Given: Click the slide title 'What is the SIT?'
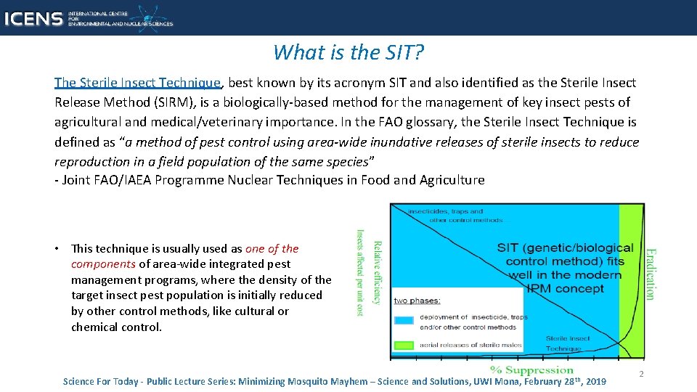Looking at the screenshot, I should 348,52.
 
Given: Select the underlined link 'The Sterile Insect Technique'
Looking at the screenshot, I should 137,83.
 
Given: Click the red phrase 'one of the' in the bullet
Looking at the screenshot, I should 272,248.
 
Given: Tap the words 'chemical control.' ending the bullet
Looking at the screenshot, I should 116,327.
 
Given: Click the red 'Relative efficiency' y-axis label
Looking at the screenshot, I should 377,272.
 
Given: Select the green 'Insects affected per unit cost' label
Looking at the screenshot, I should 359,272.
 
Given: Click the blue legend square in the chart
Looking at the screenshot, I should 404,319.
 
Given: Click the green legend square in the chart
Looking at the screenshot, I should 404,345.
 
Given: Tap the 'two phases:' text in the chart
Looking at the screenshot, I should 417,301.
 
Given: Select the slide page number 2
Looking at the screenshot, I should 640,374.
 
